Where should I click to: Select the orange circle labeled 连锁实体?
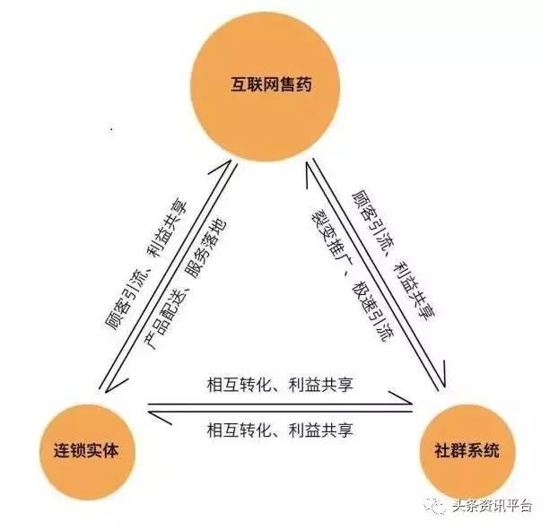[82, 447]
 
